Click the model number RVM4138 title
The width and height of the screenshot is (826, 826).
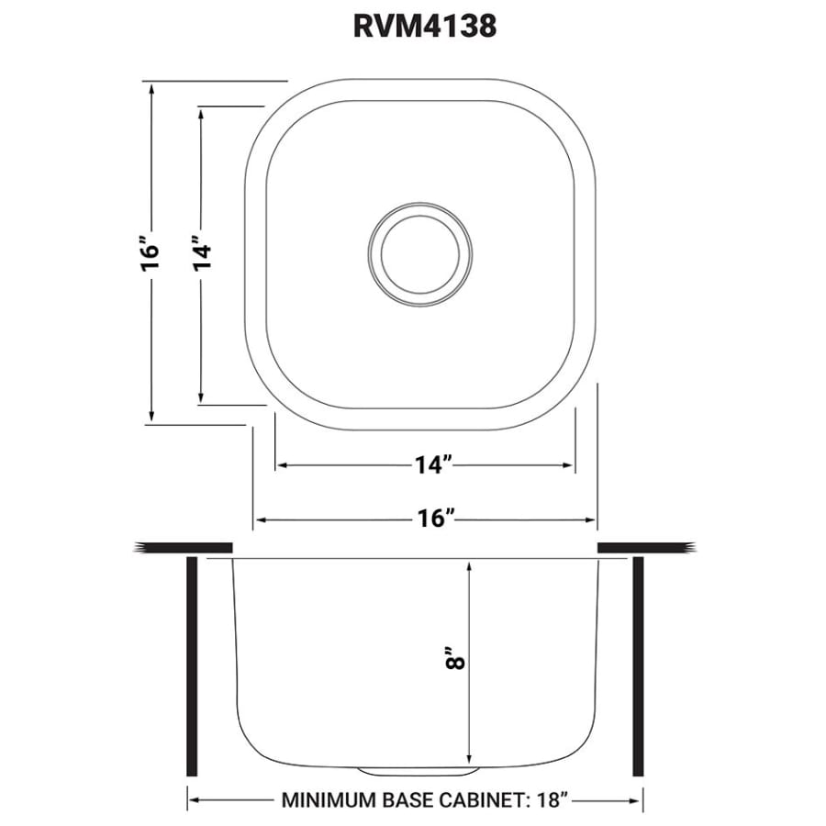(x=424, y=27)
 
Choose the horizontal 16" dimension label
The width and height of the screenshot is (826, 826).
(x=433, y=519)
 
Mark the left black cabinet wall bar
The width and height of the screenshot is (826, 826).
(x=192, y=666)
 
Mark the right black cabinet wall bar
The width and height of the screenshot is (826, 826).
(x=638, y=666)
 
